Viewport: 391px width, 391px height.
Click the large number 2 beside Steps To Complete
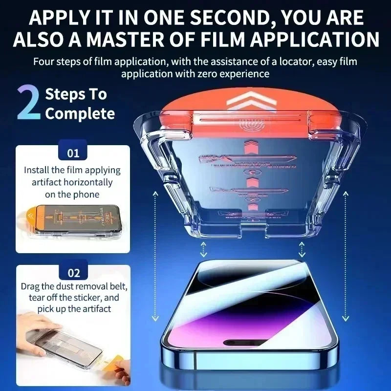pyautogui.click(x=29, y=104)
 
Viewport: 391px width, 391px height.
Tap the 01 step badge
pyautogui.click(x=73, y=153)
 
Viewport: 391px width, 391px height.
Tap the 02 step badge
pyautogui.click(x=73, y=273)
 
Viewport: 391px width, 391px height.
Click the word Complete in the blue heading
pyautogui.click(x=80, y=114)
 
